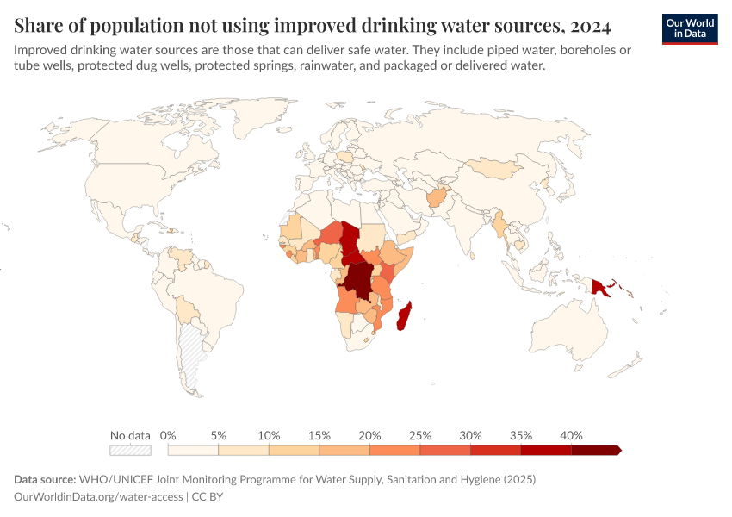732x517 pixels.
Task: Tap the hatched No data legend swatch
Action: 130,450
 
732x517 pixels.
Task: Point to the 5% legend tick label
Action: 219,435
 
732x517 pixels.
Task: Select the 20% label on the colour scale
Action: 369,435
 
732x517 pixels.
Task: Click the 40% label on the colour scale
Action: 571,435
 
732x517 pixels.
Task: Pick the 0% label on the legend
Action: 169,435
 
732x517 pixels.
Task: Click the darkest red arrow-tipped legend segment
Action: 595,450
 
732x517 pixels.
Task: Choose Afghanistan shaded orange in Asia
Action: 438,200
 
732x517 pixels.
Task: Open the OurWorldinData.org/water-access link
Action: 99,496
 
